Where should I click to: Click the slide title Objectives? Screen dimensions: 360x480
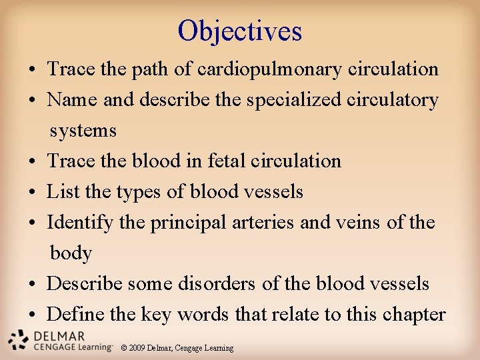(240, 31)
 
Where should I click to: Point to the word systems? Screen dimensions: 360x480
(83, 131)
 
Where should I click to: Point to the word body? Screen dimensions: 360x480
(71, 253)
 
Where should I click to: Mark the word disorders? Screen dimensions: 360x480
(216, 284)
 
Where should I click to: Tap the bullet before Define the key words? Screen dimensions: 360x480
(32, 315)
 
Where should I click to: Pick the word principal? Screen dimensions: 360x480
(189, 223)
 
